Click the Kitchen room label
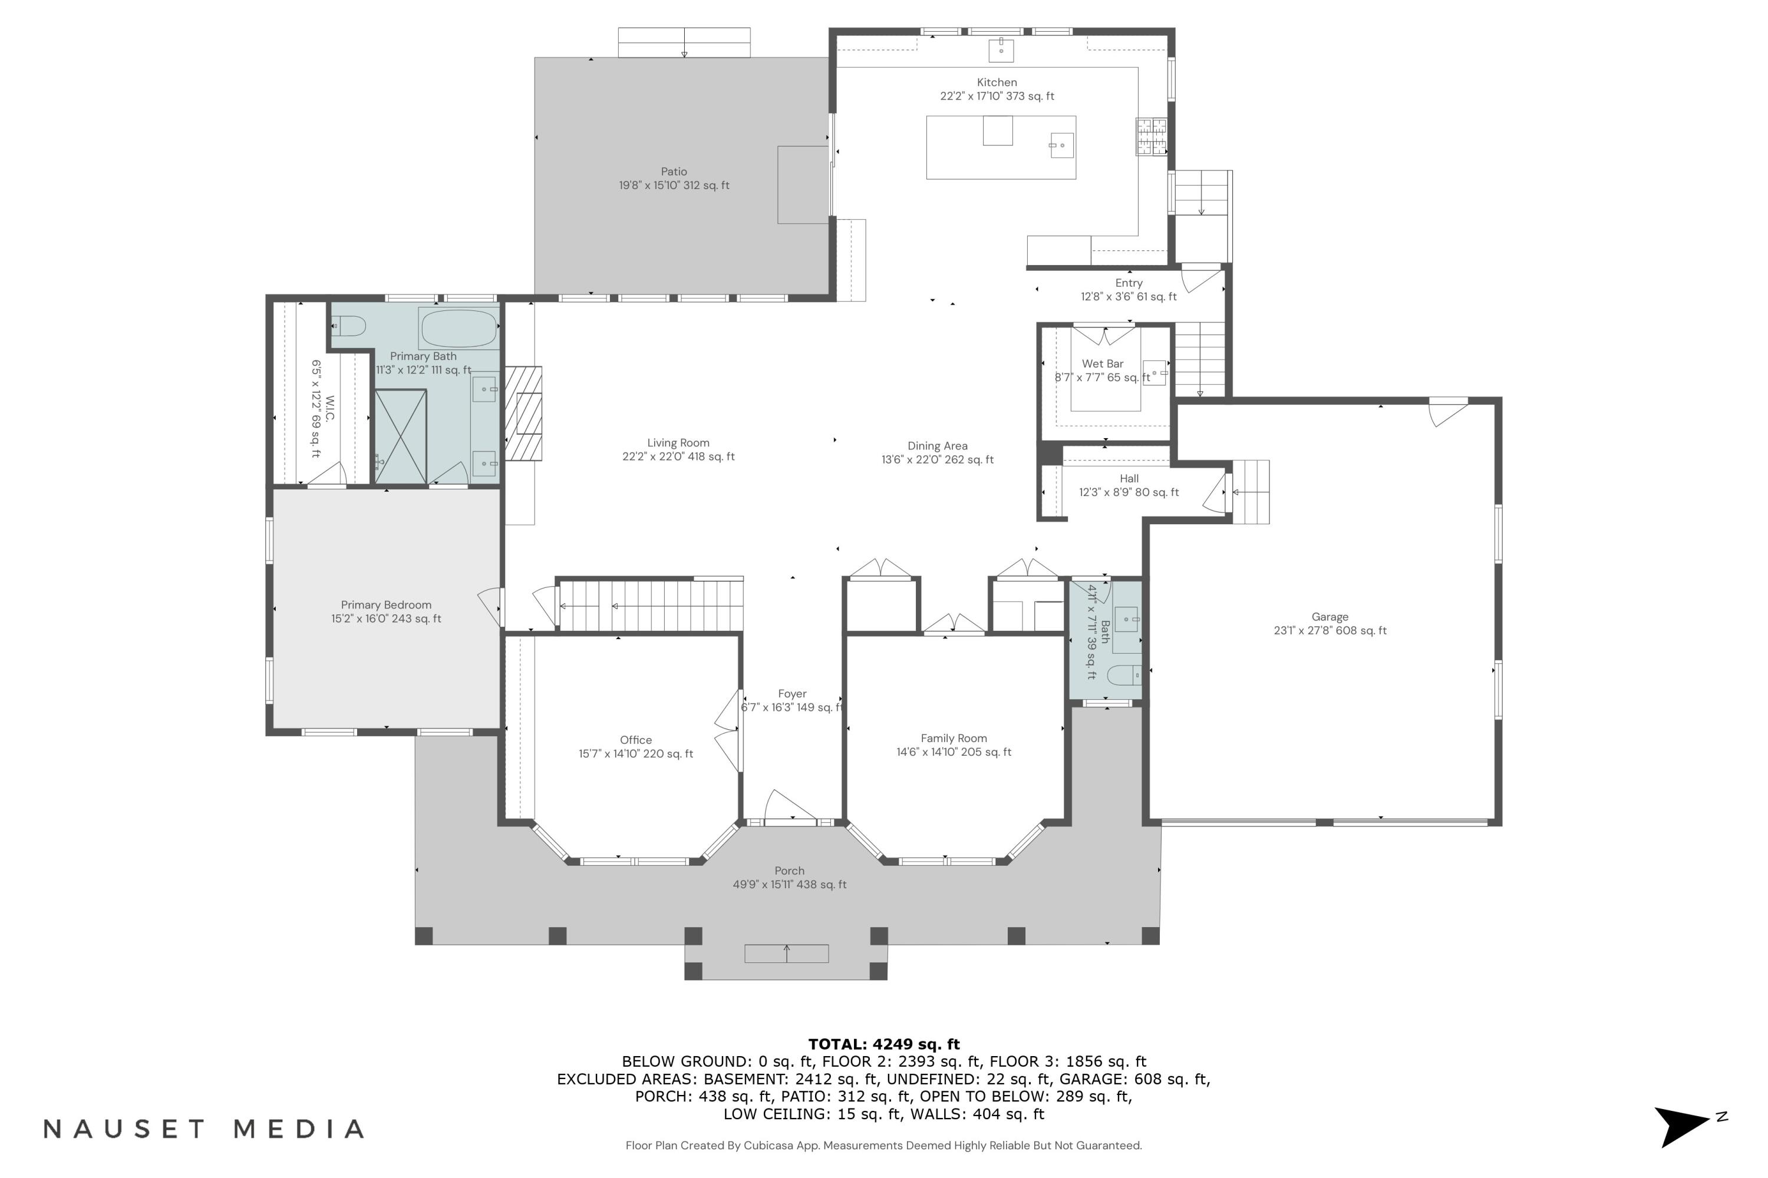tap(996, 82)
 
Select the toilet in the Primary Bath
tap(349, 326)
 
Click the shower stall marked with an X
tap(401, 436)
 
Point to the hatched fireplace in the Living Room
tap(523, 413)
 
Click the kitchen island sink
tap(1061, 145)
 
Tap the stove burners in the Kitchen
tap(1151, 137)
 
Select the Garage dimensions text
tap(1329, 631)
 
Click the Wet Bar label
tap(1102, 363)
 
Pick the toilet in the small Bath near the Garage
tap(1125, 674)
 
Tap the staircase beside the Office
tap(650, 606)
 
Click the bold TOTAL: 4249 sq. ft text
tap(883, 1044)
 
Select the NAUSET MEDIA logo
tap(204, 1129)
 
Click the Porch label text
tap(789, 871)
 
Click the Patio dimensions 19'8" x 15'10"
tap(674, 186)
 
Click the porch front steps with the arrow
tap(786, 954)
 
